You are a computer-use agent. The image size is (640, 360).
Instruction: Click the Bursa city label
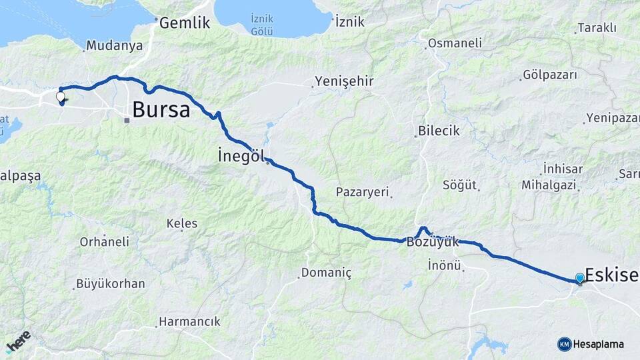point(161,109)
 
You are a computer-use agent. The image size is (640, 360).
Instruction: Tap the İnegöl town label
point(241,155)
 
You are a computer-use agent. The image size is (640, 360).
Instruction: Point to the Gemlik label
point(185,23)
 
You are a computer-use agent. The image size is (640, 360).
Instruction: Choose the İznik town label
point(350,22)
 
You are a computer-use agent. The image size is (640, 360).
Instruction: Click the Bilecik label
point(439,131)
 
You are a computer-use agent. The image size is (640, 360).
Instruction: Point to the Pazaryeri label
point(363,192)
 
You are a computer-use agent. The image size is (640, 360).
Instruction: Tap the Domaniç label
point(326,273)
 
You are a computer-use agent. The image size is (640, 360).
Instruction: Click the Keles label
point(182,223)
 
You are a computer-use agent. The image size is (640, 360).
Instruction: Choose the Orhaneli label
point(105,242)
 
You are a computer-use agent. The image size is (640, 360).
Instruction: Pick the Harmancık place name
point(189,321)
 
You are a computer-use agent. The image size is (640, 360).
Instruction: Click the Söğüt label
point(459,185)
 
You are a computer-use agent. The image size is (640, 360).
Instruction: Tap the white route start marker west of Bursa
point(61,97)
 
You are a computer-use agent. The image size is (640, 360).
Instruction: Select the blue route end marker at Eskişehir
point(579,277)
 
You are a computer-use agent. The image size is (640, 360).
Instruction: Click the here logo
point(19,341)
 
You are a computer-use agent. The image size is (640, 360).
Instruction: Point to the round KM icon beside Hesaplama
point(564,344)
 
